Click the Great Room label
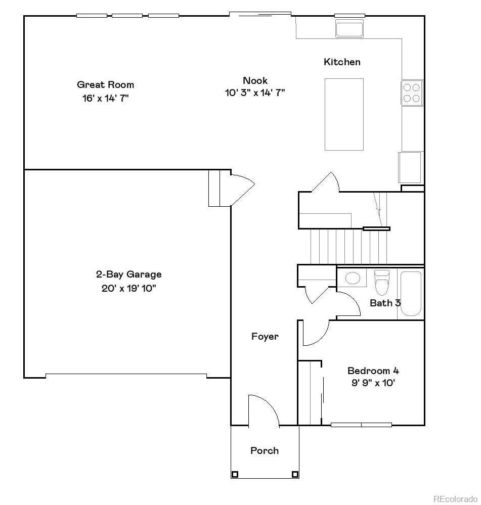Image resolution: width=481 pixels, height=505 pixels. click(105, 84)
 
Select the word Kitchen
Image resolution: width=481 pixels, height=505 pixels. click(342, 62)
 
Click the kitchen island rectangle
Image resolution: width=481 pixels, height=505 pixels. click(344, 114)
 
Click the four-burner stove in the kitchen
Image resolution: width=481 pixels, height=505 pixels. click(412, 93)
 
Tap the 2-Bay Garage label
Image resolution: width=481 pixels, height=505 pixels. click(128, 274)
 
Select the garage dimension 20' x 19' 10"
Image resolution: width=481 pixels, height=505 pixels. click(128, 289)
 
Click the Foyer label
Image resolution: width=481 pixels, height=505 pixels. click(265, 336)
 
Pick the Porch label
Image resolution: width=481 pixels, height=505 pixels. click(265, 450)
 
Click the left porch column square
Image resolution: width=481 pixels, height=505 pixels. click(235, 474)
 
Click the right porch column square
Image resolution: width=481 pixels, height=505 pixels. click(295, 474)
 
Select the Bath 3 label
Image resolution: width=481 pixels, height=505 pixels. click(385, 303)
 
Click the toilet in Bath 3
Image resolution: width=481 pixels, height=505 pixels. click(382, 282)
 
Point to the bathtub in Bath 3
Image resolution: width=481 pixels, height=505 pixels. click(410, 294)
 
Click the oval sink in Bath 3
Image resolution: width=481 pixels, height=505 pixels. click(352, 278)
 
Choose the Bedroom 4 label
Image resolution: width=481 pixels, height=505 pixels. click(369, 371)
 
